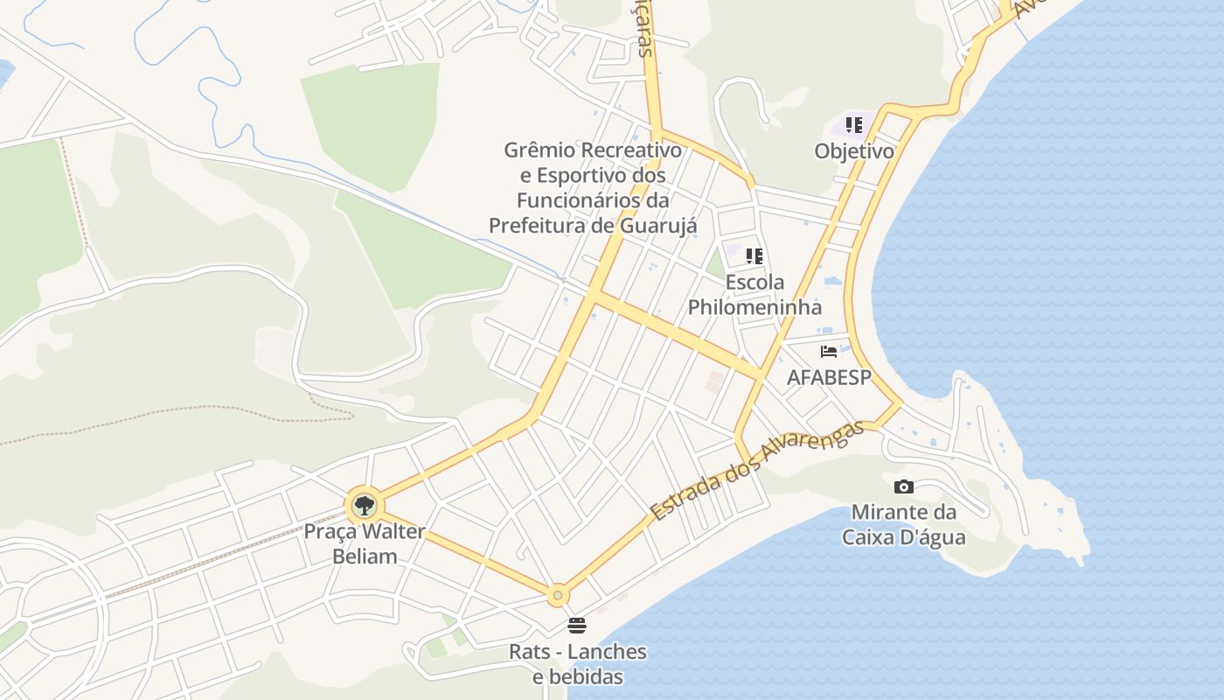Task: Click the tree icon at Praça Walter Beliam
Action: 364,505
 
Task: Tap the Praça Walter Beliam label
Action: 365,543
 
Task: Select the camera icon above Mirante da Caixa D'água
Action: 904,486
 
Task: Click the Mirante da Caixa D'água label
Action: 904,523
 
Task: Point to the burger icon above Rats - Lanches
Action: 576,626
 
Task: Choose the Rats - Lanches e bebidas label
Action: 578,664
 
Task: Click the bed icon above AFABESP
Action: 829,352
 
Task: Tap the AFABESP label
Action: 829,377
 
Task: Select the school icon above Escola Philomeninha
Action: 755,256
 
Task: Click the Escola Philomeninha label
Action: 755,295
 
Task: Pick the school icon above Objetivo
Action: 854,125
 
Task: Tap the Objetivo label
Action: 854,151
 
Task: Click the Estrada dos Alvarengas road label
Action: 757,470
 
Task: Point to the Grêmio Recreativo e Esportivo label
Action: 593,188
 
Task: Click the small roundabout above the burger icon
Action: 558,595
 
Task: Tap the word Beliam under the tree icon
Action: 365,556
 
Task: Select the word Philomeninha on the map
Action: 755,307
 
